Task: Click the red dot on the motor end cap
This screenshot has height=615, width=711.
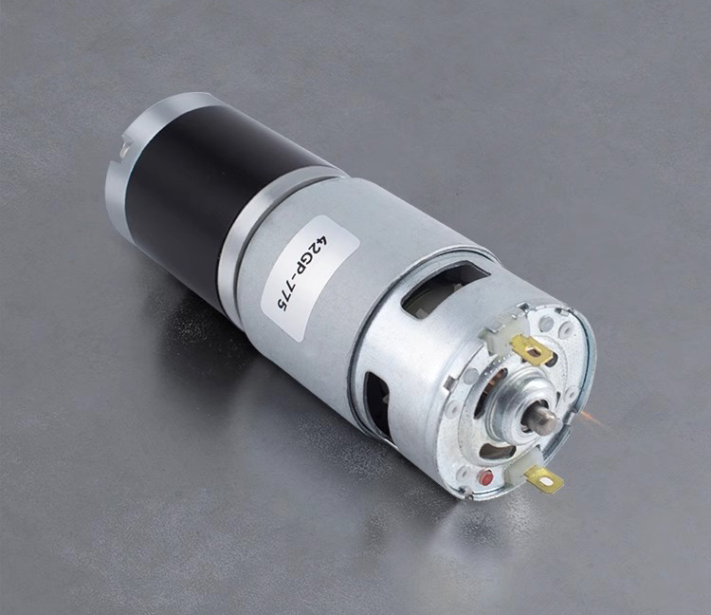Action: click(485, 477)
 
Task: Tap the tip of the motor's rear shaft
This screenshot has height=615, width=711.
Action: click(547, 421)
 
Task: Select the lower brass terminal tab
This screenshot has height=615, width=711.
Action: click(545, 480)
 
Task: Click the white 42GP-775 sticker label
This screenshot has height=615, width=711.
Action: click(311, 277)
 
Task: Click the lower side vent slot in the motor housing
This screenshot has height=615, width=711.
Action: click(378, 404)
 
